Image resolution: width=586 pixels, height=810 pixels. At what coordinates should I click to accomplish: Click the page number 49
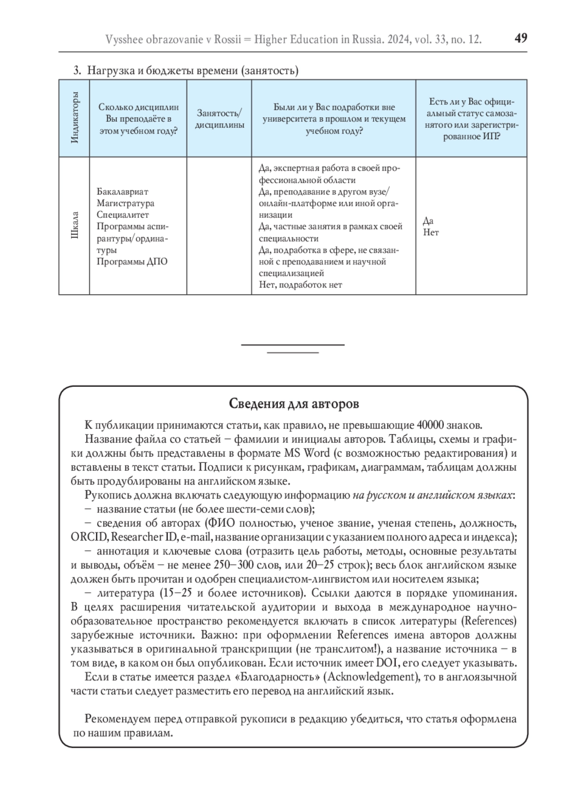[521, 38]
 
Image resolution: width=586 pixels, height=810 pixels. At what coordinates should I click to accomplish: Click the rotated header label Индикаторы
[75, 118]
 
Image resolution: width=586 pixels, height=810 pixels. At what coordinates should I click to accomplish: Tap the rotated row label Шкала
[75, 225]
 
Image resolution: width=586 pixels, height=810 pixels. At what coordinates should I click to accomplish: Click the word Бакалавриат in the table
[122, 192]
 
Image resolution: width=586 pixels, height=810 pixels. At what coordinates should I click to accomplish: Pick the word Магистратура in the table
[126, 203]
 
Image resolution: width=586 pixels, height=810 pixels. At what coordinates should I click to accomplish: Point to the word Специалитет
[123, 215]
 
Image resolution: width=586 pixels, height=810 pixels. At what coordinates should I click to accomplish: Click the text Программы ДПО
[132, 261]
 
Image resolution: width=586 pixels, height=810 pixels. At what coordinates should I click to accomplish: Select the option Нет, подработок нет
[300, 285]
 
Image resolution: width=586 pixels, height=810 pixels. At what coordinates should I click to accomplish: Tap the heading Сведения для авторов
[293, 404]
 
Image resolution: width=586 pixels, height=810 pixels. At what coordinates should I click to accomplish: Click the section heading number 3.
[77, 70]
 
